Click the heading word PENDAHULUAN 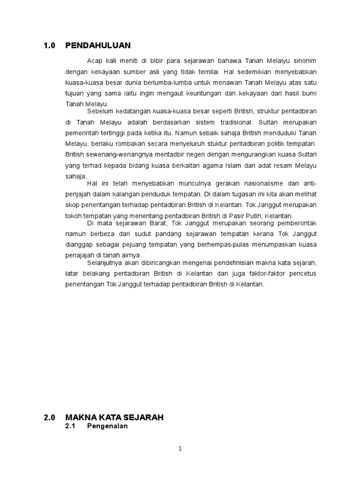[98, 45]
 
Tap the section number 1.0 [49, 45]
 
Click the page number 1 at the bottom [180, 449]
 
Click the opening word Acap [94, 60]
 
